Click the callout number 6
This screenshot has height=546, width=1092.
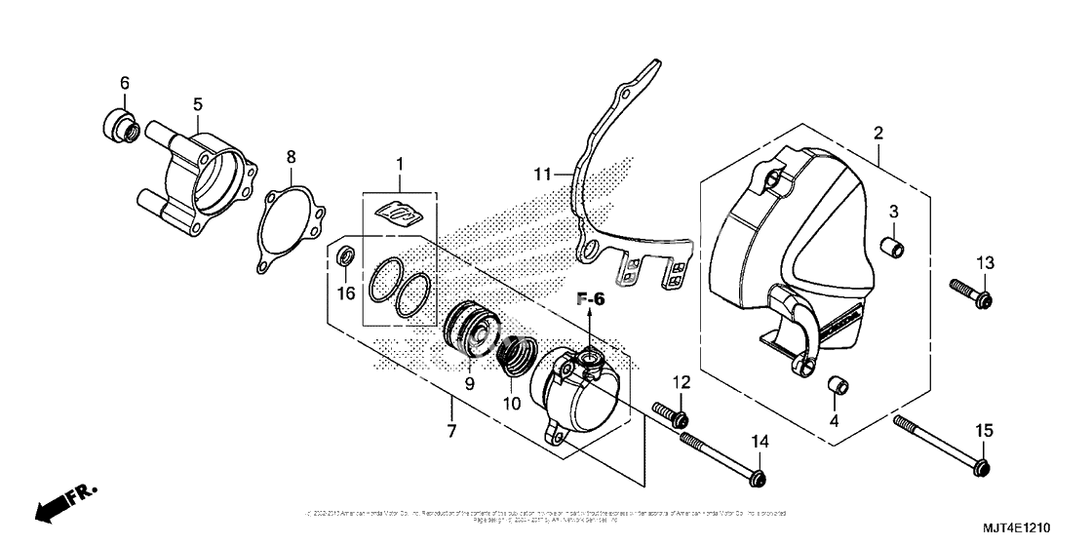[124, 83]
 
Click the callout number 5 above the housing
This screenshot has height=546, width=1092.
[197, 103]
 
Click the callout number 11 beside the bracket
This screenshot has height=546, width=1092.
[543, 175]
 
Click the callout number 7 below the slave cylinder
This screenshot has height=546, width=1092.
[452, 430]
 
